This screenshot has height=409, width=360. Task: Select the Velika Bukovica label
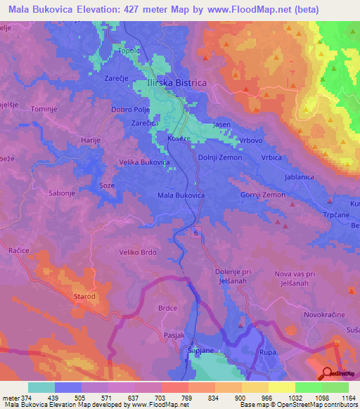coord(146,162)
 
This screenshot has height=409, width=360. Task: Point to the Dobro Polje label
coord(131,110)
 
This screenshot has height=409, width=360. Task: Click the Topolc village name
coord(133,52)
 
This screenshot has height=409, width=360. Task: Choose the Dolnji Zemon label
coord(220,157)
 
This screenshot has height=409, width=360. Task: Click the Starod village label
coord(84,297)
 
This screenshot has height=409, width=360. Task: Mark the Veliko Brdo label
coord(137,252)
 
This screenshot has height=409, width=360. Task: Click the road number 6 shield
coord(197,233)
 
